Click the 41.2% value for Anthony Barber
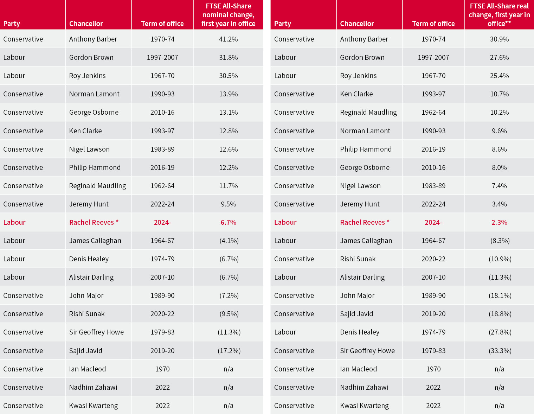point(228,39)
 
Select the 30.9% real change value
point(499,39)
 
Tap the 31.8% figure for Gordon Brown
point(228,57)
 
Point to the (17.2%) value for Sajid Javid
point(229,351)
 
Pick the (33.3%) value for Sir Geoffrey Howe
point(500,351)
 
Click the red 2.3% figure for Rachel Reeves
point(499,222)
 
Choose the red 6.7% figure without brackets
point(228,222)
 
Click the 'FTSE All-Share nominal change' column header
point(228,15)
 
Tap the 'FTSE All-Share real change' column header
point(499,15)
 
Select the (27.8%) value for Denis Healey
point(500,332)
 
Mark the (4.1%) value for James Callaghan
point(229,241)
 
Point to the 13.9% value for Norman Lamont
point(228,94)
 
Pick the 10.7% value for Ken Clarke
point(499,94)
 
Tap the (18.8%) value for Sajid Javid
point(500,314)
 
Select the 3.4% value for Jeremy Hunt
point(499,204)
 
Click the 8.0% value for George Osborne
point(499,167)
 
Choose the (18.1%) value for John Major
point(500,295)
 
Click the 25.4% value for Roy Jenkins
point(499,76)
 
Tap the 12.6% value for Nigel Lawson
point(228,149)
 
